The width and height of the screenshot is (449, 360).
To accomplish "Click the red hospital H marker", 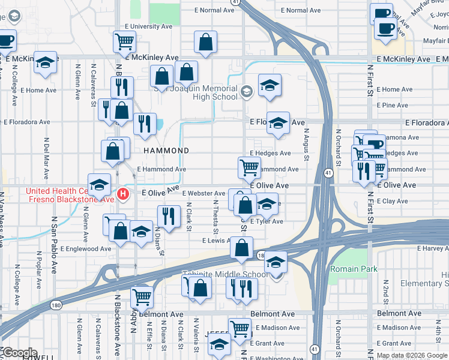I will point(123,194).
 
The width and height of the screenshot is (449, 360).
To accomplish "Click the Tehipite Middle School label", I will point(225,275).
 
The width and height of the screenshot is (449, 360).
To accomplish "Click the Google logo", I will point(20,353).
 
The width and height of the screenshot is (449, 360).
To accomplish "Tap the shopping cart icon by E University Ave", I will point(124,42).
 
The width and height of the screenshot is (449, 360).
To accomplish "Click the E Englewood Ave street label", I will point(86,248).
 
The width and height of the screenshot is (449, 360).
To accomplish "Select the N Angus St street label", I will point(306,145).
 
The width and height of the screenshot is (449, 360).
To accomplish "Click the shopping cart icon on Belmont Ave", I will point(142,296).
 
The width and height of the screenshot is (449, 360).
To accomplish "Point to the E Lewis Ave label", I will point(216,241).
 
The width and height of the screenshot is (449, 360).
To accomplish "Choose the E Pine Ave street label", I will point(394,105).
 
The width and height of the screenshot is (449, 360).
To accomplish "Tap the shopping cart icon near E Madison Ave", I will point(240,328).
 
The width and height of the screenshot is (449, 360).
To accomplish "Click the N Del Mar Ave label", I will point(46,159).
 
